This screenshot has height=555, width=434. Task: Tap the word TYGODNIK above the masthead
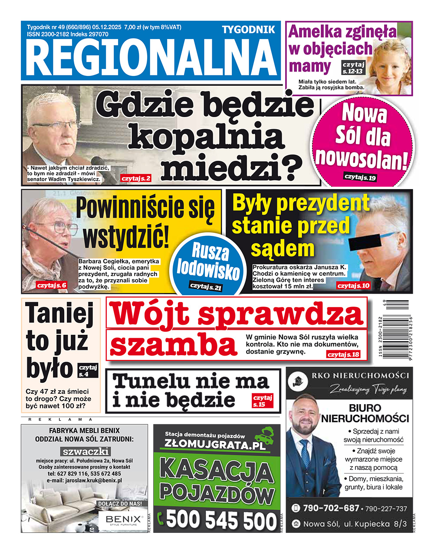click(x=248, y=29)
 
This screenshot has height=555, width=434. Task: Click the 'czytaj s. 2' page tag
click(x=136, y=178)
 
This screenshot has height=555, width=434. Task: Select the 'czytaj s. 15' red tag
click(x=263, y=401)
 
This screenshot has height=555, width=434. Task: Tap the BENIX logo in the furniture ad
click(x=121, y=519)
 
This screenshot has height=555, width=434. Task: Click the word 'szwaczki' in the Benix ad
click(x=85, y=451)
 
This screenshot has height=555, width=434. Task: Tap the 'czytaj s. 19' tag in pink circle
click(x=360, y=176)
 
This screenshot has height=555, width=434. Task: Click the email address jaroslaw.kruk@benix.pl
click(x=85, y=480)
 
